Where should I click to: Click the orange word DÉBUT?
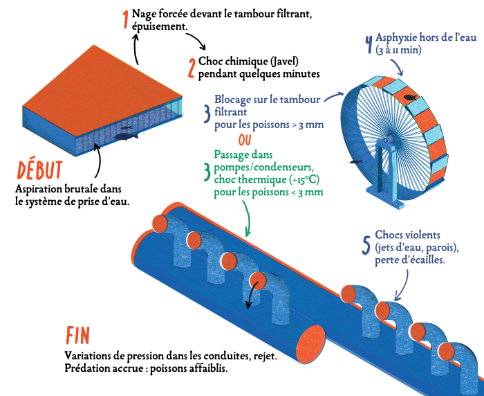coord(39,170)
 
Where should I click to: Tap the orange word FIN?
coord(77,335)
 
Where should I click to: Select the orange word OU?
coord(245,140)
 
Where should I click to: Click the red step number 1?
coord(125,19)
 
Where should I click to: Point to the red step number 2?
coord(192,68)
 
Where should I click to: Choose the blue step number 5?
coord(366,245)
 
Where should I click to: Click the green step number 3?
coord(207,172)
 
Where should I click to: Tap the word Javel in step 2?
coord(284,61)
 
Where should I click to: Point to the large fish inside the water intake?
coord(126,136)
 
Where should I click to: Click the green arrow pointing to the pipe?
coord(248,218)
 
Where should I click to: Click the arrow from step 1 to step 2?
coord(196,39)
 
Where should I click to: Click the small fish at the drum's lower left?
coord(355,161)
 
